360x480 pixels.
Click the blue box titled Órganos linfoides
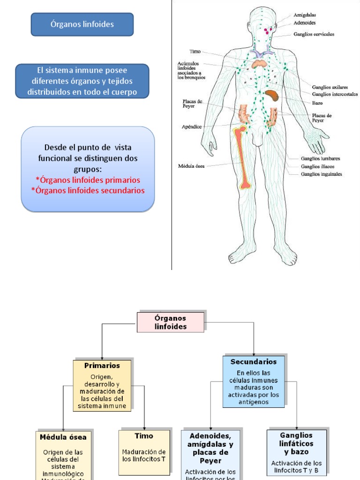point(82,24)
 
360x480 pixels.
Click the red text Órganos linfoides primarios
point(88,180)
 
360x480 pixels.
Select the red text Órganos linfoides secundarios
point(88,190)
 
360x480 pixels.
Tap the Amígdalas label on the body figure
point(305,15)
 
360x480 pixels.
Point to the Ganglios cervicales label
point(314,34)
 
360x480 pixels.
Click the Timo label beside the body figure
point(195,51)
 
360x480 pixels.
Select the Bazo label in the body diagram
point(317,103)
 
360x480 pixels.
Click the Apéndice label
point(191,127)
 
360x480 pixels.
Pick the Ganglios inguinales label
point(322,174)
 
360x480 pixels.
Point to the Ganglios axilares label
point(330,87)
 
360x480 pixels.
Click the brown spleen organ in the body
point(272,95)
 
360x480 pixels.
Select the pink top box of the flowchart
point(170,322)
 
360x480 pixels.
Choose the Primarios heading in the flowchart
point(102,365)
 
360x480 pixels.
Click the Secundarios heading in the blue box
point(253,362)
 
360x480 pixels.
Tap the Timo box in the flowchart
point(144,448)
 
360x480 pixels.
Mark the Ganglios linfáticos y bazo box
point(296,450)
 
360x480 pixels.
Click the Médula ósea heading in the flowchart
point(63,437)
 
